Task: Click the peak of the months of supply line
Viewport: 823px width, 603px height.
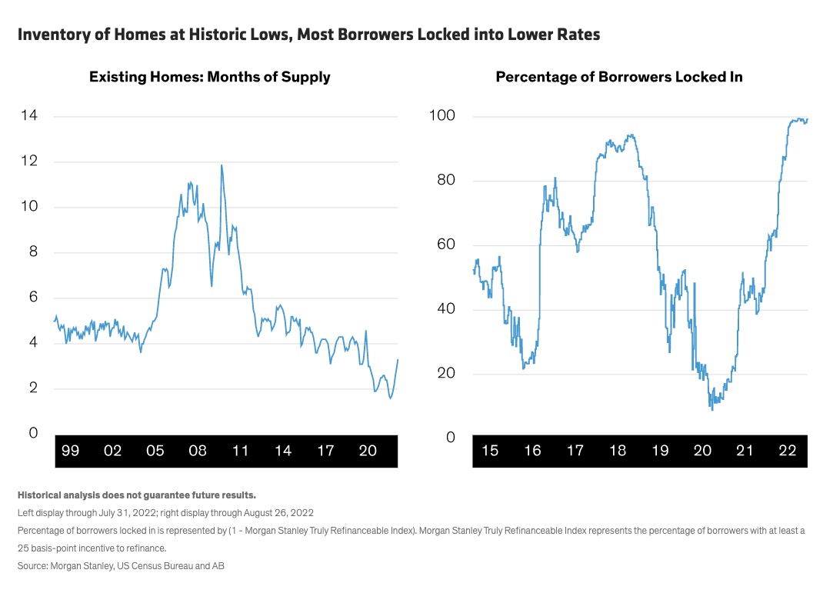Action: (x=222, y=165)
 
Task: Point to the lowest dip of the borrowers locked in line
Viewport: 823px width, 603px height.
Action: (x=711, y=409)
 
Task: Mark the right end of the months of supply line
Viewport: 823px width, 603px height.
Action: (x=398, y=359)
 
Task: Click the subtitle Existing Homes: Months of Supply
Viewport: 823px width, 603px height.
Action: (x=209, y=77)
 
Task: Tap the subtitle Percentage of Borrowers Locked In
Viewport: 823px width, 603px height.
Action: (x=618, y=77)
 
